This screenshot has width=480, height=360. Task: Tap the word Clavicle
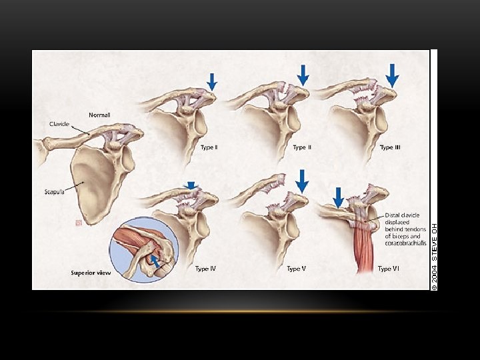59,124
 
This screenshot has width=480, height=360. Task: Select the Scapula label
54,192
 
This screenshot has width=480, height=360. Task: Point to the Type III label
391,147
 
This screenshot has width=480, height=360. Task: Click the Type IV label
205,269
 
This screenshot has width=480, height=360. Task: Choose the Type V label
297,269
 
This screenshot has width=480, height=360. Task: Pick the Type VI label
389,269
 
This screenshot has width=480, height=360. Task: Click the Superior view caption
91,273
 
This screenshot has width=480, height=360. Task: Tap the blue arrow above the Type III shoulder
392,75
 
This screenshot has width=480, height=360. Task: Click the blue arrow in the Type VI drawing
338,197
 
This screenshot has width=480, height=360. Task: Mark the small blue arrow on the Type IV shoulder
192,186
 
